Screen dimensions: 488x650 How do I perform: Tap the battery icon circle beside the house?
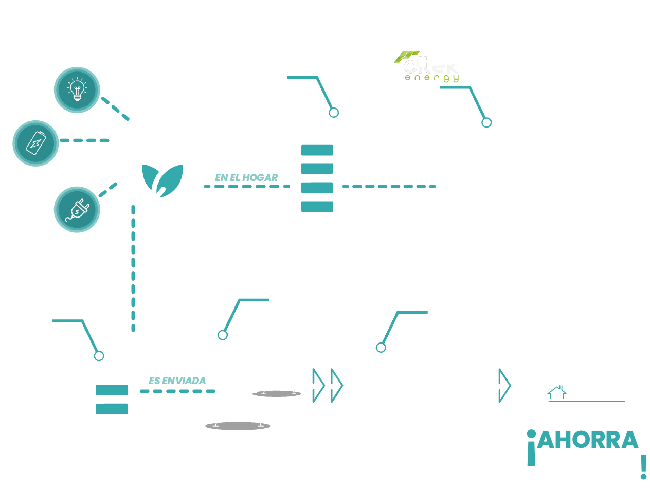pos(35,142)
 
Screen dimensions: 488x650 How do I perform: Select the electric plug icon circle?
pos(77,209)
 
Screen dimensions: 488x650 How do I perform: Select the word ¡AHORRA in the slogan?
pos(583,440)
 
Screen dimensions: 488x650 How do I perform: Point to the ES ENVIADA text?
pos(177,381)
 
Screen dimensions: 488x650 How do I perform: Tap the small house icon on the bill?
pos(556,393)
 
